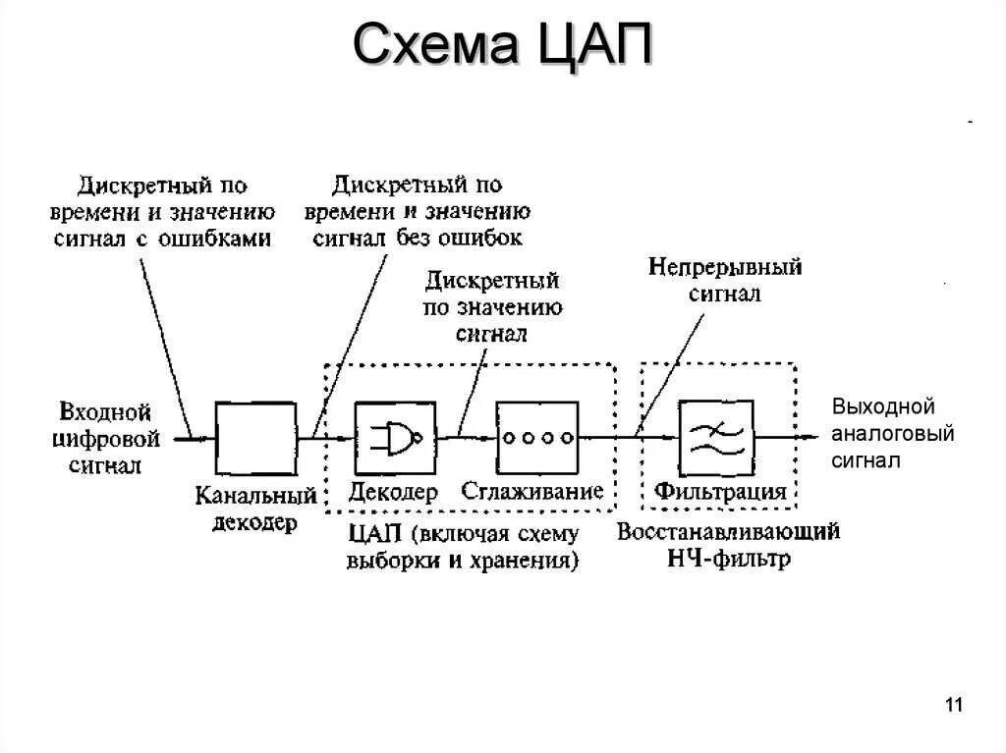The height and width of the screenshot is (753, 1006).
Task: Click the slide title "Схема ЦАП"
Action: click(502, 46)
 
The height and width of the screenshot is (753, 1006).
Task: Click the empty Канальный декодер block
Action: click(255, 438)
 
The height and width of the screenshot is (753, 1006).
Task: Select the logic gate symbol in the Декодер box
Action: click(394, 438)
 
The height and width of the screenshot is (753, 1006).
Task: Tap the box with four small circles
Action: click(536, 438)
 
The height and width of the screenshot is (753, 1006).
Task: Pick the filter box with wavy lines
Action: click(716, 438)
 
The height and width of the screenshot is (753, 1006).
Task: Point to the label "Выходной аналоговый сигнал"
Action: click(892, 434)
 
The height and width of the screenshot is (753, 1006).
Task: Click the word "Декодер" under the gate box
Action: click(393, 492)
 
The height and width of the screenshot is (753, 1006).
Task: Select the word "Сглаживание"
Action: click(531, 492)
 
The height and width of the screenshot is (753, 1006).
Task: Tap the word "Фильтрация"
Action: click(720, 492)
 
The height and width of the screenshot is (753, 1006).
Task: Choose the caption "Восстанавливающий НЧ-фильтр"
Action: click(728, 545)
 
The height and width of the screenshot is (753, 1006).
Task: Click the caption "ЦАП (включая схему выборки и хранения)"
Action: click(463, 547)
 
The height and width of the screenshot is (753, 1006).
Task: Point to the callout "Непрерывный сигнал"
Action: click(724, 280)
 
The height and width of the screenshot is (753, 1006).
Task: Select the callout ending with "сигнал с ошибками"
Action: click(162, 211)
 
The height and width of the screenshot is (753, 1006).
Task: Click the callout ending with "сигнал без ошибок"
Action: click(418, 210)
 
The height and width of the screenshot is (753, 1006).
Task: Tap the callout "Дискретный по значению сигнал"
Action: click(492, 307)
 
